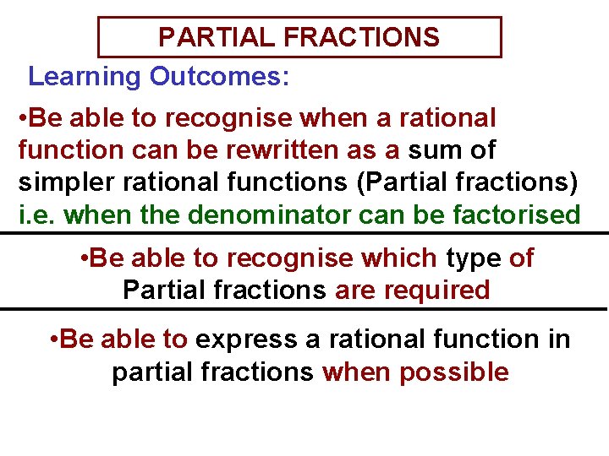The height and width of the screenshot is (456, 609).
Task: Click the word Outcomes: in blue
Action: click(x=220, y=77)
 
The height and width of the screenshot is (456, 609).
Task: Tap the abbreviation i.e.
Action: click(x=38, y=215)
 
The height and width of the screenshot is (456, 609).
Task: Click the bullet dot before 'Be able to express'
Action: click(x=53, y=339)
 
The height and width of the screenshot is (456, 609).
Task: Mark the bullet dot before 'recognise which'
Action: click(x=81, y=258)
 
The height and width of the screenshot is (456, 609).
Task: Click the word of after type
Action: click(x=522, y=258)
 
